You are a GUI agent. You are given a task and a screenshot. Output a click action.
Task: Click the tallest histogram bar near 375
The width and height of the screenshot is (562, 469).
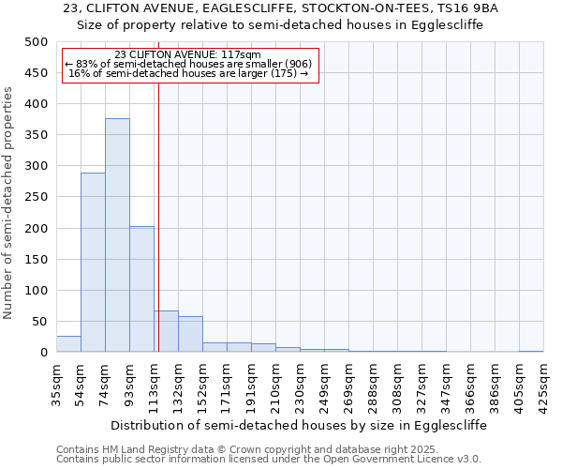pyautogui.click(x=117, y=235)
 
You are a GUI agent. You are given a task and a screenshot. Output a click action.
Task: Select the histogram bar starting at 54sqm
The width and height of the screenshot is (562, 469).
pyautogui.click(x=93, y=263)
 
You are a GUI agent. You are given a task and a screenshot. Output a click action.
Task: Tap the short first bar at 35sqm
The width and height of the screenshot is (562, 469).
pyautogui.click(x=68, y=344)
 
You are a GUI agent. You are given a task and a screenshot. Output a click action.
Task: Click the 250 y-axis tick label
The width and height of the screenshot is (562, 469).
pyautogui.click(x=36, y=197)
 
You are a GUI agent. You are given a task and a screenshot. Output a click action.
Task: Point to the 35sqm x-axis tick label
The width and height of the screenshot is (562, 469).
pyautogui.click(x=57, y=382)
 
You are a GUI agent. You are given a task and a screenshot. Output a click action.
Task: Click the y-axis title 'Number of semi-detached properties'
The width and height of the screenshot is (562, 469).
pyautogui.click(x=10, y=203)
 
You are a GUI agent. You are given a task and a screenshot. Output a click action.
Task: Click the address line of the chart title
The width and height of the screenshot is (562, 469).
pyautogui.click(x=281, y=8)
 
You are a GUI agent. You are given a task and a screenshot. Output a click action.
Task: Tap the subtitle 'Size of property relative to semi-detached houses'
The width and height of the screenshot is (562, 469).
pyautogui.click(x=281, y=25)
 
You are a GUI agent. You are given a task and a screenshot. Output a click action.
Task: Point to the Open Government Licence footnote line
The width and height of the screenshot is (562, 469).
pyautogui.click(x=269, y=459)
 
